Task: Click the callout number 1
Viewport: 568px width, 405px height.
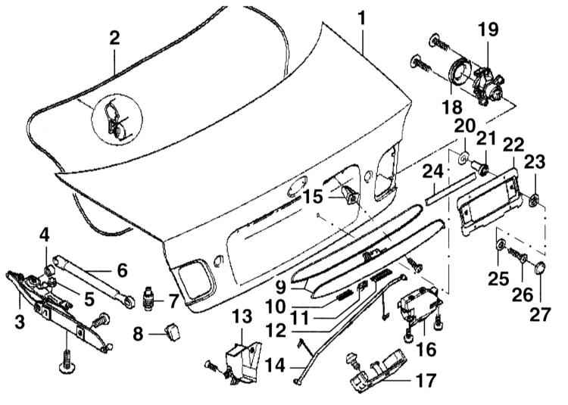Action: [x=363, y=17]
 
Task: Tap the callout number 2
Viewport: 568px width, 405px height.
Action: [x=114, y=39]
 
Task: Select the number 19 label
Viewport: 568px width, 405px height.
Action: [x=488, y=30]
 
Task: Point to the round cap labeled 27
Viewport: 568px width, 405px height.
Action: [x=540, y=268]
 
